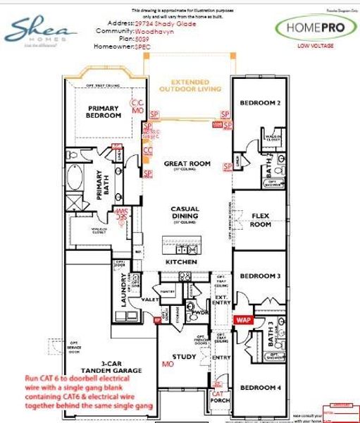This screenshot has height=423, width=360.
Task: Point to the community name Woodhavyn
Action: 156,31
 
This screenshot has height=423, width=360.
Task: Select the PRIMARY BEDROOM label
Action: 104,111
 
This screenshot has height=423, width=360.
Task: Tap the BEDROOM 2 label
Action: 260,103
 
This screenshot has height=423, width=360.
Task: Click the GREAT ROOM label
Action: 187,164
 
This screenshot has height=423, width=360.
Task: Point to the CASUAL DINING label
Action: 187,213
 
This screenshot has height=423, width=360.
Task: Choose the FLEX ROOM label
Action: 261,220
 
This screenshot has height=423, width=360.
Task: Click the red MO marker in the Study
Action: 167,365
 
